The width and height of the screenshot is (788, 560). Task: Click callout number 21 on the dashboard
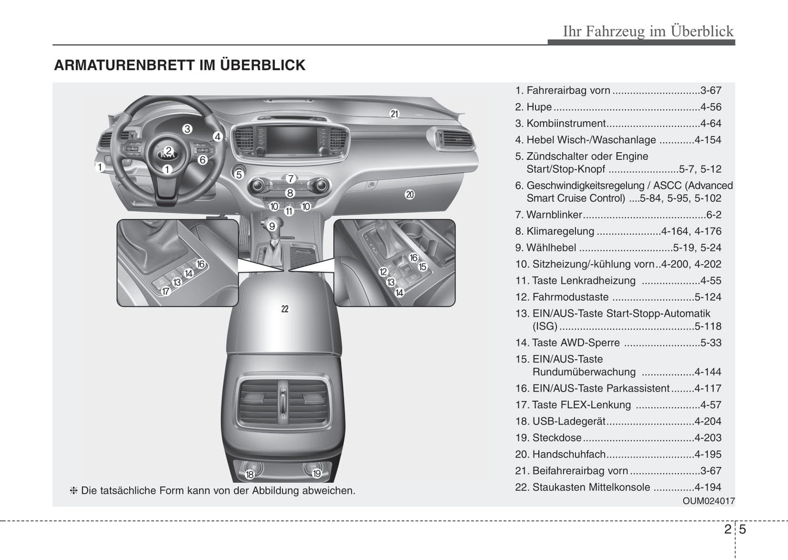(x=394, y=114)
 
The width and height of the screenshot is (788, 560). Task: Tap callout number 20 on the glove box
(x=410, y=194)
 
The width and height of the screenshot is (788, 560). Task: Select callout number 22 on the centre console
(x=285, y=309)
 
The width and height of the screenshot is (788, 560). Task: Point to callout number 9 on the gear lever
(x=272, y=226)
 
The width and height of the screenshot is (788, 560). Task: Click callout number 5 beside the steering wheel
(x=238, y=175)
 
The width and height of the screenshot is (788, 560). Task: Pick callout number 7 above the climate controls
(x=291, y=178)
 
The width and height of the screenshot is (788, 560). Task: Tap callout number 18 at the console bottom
(x=250, y=474)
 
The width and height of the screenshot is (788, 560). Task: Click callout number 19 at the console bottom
(x=316, y=474)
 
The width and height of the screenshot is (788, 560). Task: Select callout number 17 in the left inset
(x=166, y=291)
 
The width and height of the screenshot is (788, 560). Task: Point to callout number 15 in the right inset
(x=423, y=267)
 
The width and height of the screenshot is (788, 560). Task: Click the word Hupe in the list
(x=539, y=107)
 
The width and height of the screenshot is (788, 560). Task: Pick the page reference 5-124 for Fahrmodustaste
(x=707, y=297)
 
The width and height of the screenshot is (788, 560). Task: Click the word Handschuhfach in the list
(x=569, y=454)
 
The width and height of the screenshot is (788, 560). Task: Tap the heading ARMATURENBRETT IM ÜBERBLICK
(x=179, y=65)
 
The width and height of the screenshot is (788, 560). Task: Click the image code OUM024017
(x=708, y=501)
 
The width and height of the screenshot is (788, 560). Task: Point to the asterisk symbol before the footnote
(x=74, y=491)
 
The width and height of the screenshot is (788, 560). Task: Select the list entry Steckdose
(x=557, y=438)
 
